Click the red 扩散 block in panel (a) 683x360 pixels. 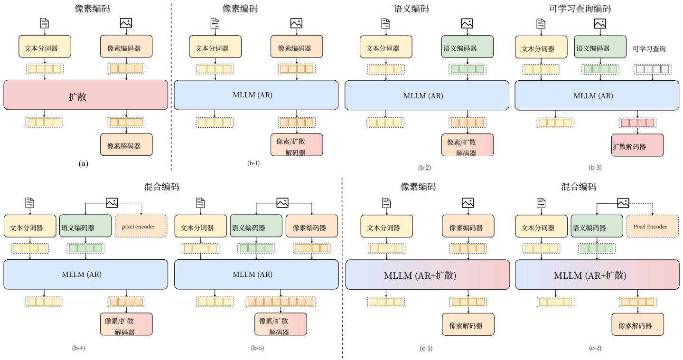pos(86,95)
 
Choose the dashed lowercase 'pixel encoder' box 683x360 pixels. pos(141,227)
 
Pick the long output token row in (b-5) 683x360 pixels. pos(281,301)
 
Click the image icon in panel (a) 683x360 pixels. pos(126,23)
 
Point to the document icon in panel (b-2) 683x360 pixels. pos(385,23)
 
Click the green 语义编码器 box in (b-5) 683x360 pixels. pos(255,227)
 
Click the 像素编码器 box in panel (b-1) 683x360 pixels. pos(297,48)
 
